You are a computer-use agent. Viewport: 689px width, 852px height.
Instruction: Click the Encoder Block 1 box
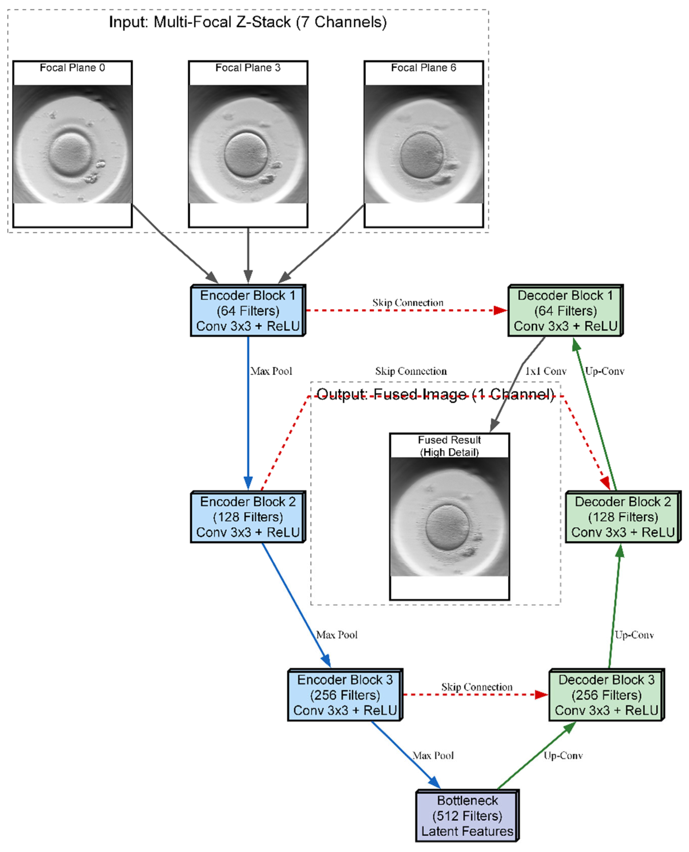pyautogui.click(x=248, y=311)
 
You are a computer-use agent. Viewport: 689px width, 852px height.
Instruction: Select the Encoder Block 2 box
pyautogui.click(x=248, y=517)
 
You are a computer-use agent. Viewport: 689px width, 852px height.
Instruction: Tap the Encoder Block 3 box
pyautogui.click(x=345, y=695)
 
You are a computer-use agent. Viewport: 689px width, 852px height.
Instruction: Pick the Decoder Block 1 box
pyautogui.click(x=565, y=311)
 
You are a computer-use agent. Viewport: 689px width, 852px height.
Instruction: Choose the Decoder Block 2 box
pyautogui.click(x=623, y=517)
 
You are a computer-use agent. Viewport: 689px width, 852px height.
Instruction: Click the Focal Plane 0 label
pyautogui.click(x=72, y=68)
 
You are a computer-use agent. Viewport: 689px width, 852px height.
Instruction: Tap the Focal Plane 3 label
pyautogui.click(x=248, y=68)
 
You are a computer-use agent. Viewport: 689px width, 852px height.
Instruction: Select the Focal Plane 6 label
pyautogui.click(x=424, y=68)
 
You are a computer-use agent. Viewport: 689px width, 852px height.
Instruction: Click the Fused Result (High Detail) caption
pyautogui.click(x=449, y=446)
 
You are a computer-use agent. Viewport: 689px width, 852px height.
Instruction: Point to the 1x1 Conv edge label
pyautogui.click(x=546, y=371)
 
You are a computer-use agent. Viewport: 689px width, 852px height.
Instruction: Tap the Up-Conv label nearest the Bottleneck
pyautogui.click(x=563, y=756)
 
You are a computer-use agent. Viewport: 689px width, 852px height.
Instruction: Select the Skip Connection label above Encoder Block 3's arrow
pyautogui.click(x=477, y=687)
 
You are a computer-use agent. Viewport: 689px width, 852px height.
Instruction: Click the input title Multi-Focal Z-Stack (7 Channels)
pyautogui.click(x=248, y=22)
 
